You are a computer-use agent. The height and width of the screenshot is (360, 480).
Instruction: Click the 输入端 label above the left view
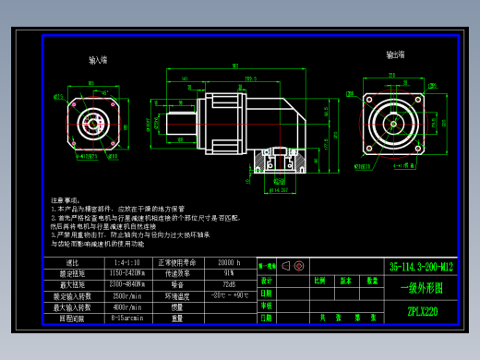[x=98, y=60]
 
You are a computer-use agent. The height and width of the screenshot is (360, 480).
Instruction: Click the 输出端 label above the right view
[x=395, y=54]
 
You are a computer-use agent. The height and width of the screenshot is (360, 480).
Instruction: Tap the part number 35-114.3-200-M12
[x=421, y=266]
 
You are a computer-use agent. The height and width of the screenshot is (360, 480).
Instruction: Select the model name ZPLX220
[x=422, y=311]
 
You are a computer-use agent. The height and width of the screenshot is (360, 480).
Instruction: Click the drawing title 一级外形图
[x=421, y=288]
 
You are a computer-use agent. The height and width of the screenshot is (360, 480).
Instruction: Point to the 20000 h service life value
[x=228, y=263]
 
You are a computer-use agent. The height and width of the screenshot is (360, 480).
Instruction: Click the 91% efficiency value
[x=228, y=274]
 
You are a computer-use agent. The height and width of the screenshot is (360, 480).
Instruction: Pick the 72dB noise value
[x=228, y=285]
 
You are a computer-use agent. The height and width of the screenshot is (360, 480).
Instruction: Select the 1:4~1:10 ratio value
[x=126, y=263]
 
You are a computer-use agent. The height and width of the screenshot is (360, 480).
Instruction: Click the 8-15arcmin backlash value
[x=126, y=318]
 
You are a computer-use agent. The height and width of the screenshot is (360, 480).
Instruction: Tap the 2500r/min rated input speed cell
[x=126, y=295]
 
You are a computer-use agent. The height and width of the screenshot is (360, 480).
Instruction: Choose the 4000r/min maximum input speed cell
[x=126, y=306]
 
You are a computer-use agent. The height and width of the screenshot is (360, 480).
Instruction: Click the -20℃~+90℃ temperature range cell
[x=228, y=295]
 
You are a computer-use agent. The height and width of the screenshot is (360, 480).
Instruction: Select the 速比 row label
[x=69, y=263]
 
